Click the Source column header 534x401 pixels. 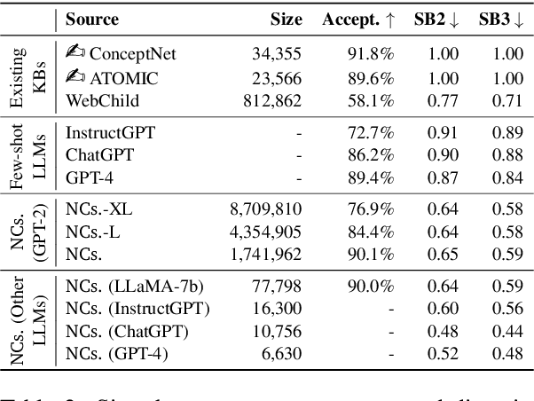[92, 19]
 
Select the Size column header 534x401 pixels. [286, 19]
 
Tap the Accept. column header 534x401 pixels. [357, 19]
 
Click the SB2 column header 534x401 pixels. [435, 19]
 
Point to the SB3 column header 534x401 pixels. [498, 19]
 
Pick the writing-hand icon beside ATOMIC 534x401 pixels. [76, 76]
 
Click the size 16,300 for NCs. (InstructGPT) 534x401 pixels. [282, 309]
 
